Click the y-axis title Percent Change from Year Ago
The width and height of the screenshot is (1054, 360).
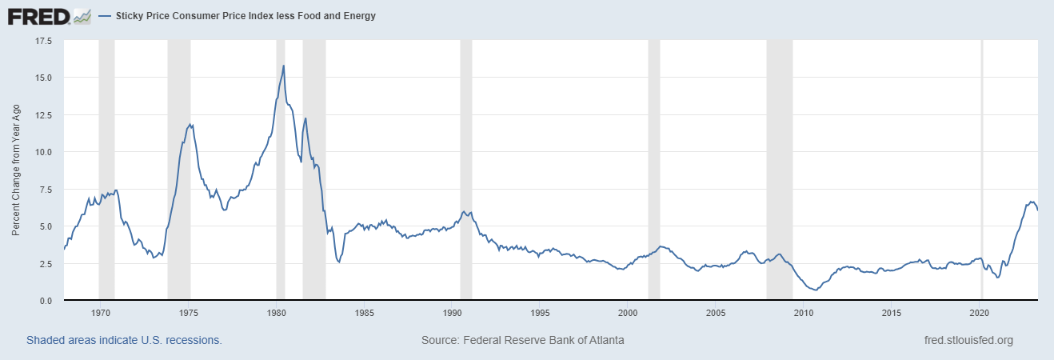16,170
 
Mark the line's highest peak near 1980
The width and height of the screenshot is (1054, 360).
284,66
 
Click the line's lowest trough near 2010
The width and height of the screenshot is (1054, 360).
815,290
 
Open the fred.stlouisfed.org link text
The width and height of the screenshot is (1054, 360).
968,340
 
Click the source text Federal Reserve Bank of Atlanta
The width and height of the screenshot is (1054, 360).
522,340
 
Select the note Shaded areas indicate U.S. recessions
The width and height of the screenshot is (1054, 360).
124,340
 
